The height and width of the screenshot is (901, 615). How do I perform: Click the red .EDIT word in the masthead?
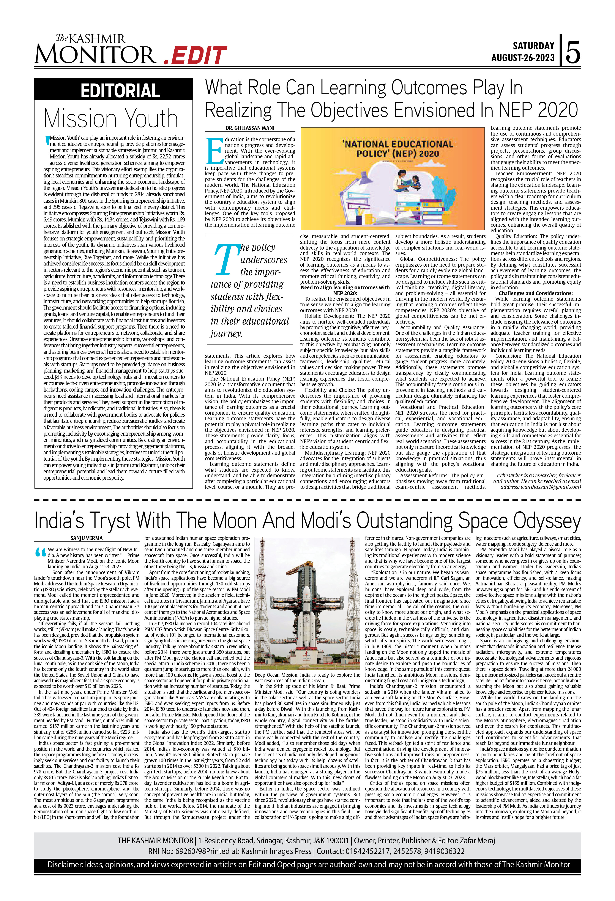(x=195, y=55)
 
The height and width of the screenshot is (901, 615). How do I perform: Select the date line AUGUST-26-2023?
(x=523, y=58)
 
